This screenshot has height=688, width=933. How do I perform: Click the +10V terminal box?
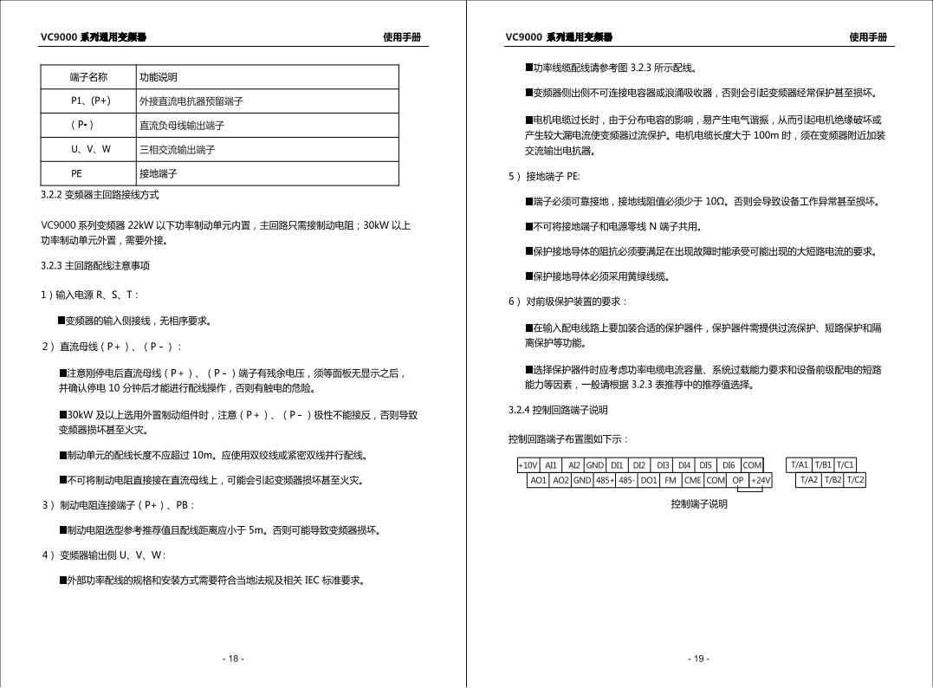point(528,465)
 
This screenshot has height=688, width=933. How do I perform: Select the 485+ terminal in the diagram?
point(604,480)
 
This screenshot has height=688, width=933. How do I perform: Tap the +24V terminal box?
point(760,480)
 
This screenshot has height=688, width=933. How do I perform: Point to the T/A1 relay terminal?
point(800,465)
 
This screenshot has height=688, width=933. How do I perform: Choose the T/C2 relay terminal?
point(855,480)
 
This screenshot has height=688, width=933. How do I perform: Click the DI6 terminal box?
point(729,465)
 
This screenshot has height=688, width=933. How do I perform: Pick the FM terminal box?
point(671,480)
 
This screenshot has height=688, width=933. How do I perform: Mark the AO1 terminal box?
point(538,480)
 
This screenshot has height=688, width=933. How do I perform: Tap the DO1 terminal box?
point(649,480)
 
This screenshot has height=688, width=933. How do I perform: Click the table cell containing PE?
point(89,173)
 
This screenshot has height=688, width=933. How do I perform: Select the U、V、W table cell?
point(89,149)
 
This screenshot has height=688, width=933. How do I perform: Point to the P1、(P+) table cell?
point(89,101)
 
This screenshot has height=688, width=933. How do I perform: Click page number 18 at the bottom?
point(232,659)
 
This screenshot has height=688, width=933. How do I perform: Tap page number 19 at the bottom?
point(698,659)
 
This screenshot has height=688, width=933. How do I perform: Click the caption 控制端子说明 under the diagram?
point(698,503)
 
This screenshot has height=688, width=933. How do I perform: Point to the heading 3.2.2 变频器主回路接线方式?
point(100,195)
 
